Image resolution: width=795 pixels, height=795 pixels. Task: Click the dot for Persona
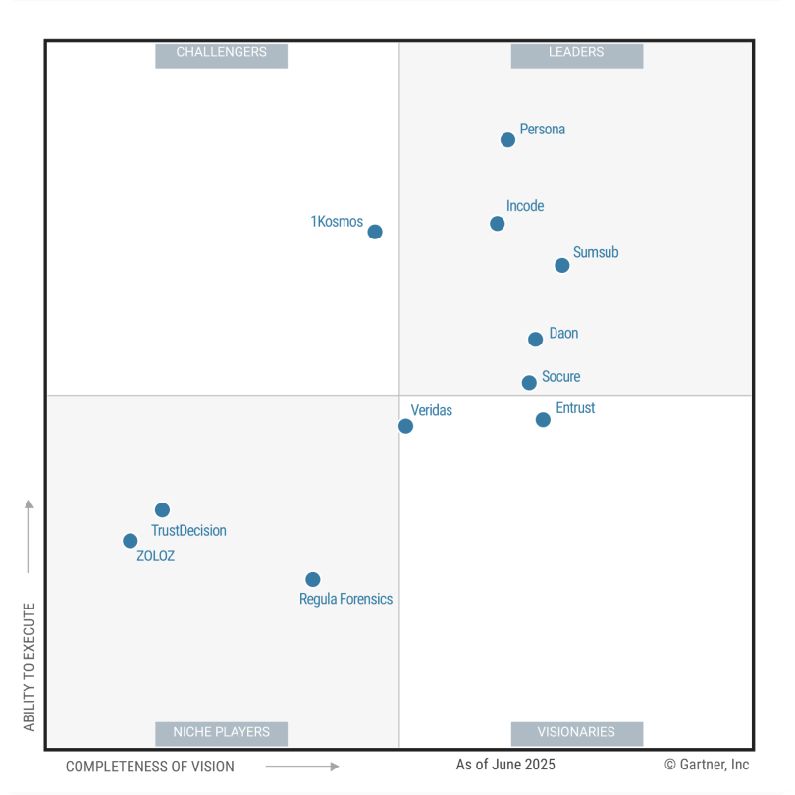507,140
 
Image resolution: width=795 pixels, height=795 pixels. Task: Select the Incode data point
498,224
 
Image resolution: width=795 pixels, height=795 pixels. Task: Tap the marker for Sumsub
562,265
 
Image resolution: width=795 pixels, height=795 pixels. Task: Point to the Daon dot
535,340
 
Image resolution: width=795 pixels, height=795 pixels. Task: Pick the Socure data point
529,383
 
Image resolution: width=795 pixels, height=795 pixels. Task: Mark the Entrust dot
543,420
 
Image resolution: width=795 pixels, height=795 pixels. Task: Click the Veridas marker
405,426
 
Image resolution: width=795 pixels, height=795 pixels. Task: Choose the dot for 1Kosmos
375,232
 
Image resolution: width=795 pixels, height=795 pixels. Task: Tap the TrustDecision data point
162,510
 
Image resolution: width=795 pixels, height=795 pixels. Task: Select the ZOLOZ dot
130,541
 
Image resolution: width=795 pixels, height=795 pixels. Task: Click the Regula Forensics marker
312,580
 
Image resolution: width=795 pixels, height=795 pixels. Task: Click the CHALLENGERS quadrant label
221,53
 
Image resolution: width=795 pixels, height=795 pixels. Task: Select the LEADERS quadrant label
576,53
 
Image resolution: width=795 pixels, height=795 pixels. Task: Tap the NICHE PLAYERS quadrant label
221,732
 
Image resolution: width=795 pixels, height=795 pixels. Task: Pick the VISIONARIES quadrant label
576,732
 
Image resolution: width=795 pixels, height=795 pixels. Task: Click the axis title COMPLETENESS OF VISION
150,767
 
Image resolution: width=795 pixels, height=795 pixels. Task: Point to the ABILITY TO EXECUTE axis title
29,666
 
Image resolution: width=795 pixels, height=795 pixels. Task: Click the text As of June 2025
505,765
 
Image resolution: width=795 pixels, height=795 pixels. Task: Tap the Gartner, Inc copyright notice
707,765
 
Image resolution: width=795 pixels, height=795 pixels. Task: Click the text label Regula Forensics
345,599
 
